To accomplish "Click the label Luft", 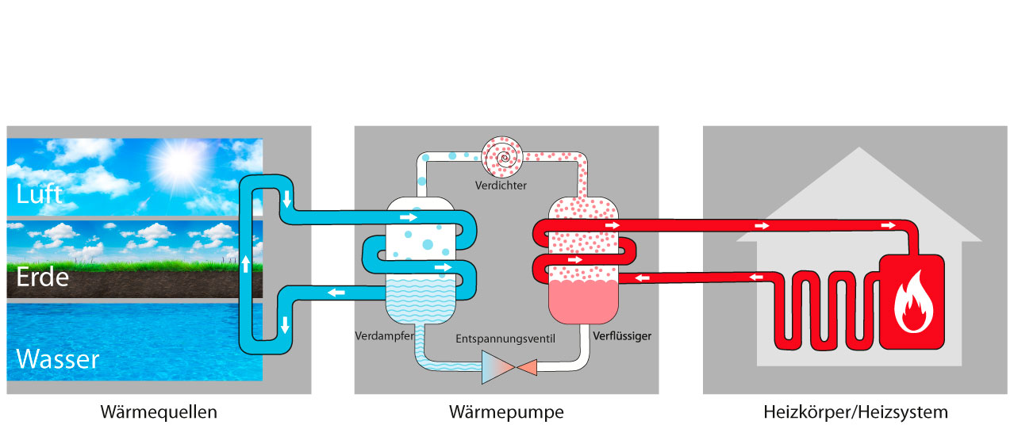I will (40, 193).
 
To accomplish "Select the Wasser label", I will (58, 359).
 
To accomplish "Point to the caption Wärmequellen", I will (159, 413).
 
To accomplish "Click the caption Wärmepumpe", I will (506, 413).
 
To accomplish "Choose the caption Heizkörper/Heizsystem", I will (855, 413).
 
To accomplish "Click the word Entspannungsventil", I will (505, 339).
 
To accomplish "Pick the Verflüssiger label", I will (622, 336).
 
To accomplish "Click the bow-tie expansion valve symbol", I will (509, 367).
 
